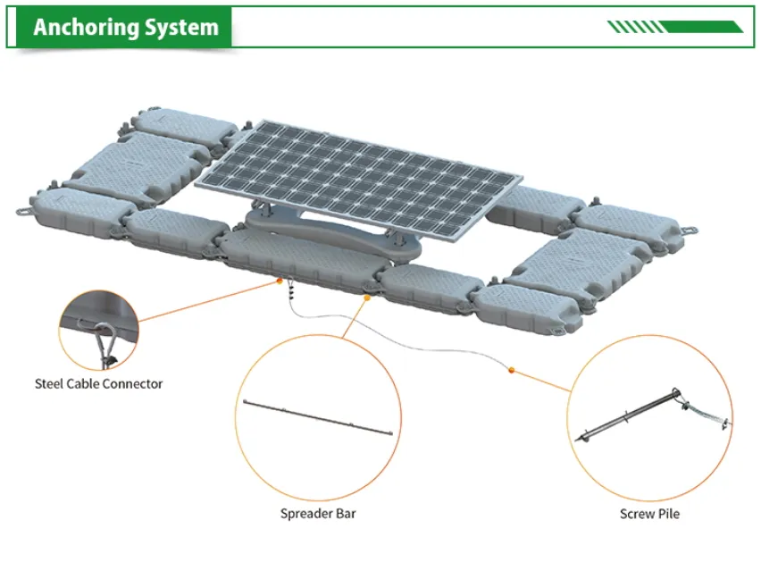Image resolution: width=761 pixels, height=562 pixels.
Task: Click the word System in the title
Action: click(186, 28)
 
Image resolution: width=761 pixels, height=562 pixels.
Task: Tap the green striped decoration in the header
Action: click(674, 27)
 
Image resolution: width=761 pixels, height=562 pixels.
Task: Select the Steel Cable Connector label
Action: click(98, 383)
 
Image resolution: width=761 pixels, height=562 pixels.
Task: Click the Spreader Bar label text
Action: click(318, 513)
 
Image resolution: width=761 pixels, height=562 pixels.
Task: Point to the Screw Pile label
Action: click(649, 513)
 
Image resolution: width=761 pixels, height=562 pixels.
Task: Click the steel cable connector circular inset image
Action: click(98, 329)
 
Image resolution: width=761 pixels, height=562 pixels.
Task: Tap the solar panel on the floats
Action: click(357, 179)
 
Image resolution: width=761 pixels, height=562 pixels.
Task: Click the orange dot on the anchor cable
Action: click(511, 368)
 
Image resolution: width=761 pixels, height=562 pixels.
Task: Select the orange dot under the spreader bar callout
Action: click(366, 299)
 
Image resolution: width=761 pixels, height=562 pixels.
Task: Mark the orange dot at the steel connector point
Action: click(280, 283)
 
